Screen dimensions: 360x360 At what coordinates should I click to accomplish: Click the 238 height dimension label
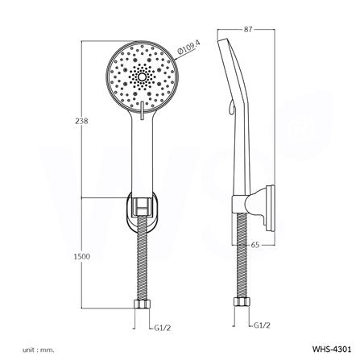(80, 120)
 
